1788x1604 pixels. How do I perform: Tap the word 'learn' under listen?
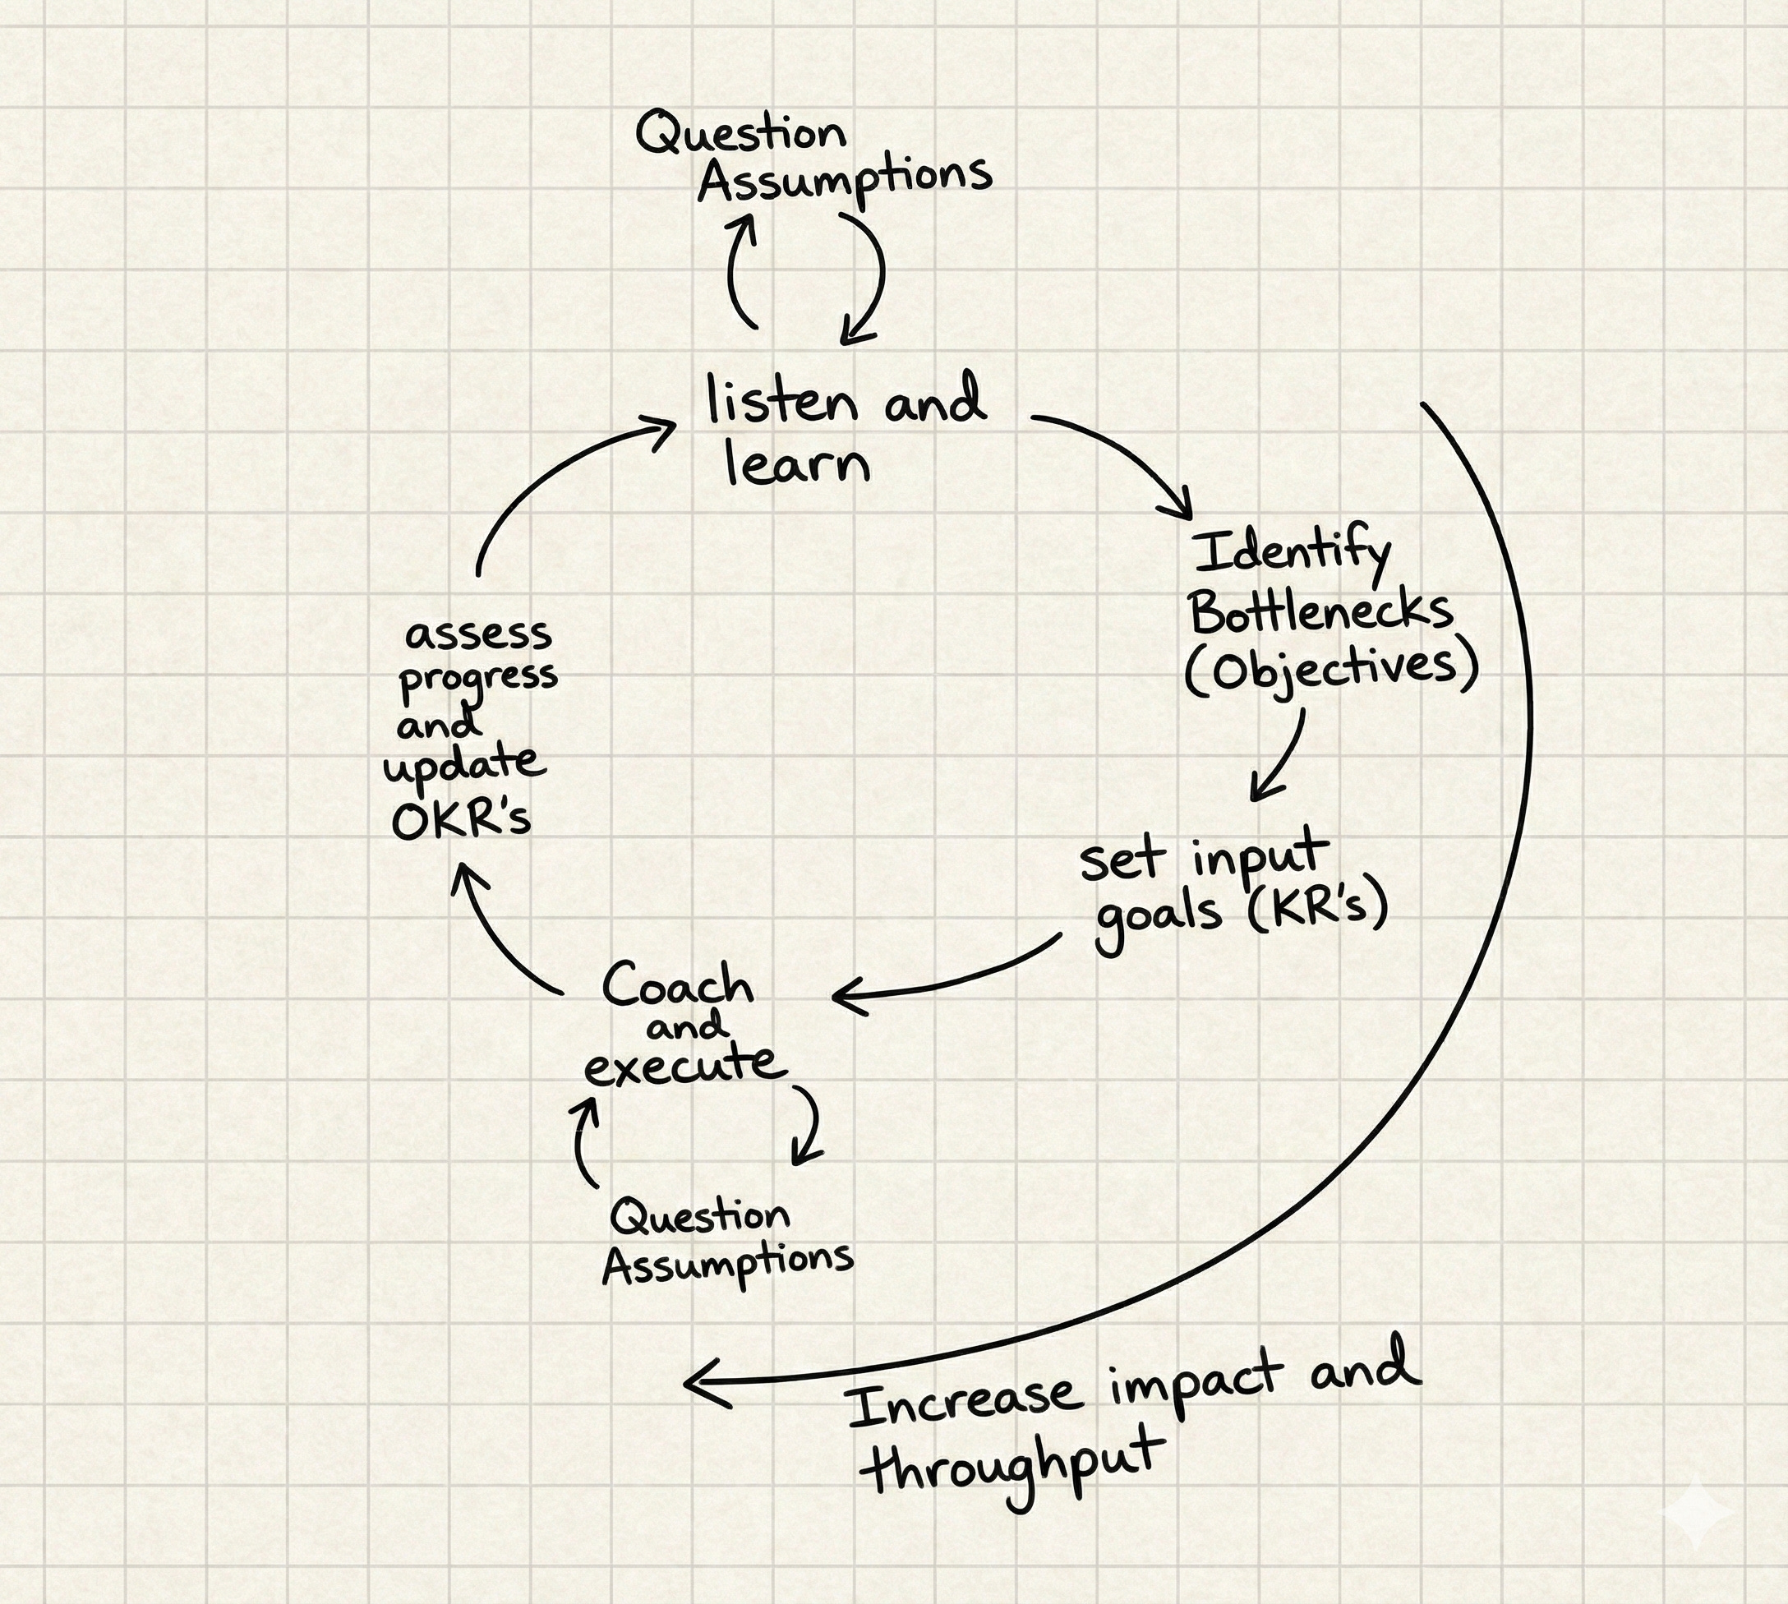(798, 463)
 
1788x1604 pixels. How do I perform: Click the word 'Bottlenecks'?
(1320, 610)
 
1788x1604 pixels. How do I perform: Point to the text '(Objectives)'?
(1330, 670)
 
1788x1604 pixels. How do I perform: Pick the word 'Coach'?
(679, 984)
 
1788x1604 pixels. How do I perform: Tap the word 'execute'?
(684, 1064)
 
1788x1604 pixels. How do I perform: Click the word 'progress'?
(478, 680)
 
